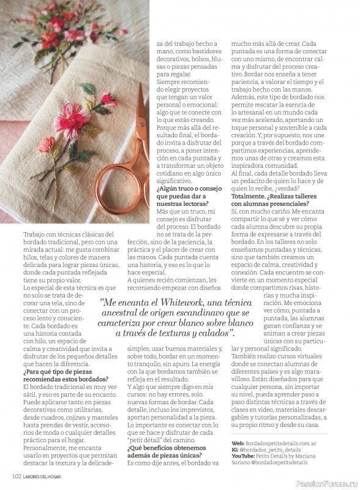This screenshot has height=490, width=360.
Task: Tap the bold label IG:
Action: (236, 450)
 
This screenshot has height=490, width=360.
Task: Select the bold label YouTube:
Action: (244, 456)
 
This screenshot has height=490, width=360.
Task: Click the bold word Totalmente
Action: (249, 195)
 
